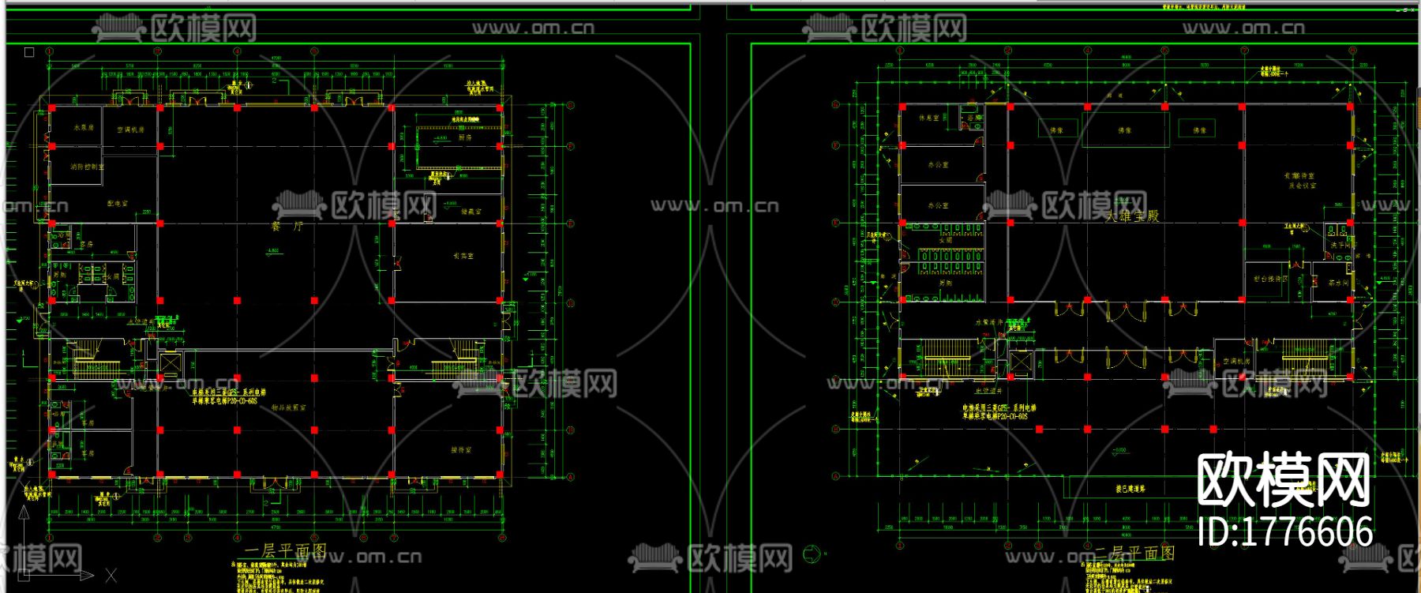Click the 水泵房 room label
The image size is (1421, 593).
pos(84,127)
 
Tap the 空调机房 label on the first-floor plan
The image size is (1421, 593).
pos(131,129)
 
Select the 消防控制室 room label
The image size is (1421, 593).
pos(87,167)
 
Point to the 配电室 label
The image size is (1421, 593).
pos(118,204)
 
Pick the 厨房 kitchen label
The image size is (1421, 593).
pos(466,137)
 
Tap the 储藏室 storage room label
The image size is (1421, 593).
pos(471,212)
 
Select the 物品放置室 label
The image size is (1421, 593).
pos(289,408)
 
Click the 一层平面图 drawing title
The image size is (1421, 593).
pos(285,550)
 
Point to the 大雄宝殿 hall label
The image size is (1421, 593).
pos(1132,216)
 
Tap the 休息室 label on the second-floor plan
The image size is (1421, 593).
pos(929,118)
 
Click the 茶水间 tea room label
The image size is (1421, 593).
pos(1337,283)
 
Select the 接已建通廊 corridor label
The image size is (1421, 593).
pos(1130,489)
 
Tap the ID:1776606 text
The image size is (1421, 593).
pos(1284,531)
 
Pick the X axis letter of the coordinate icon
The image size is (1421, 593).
pos(111,576)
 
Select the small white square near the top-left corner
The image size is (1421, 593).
pos(29,52)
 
